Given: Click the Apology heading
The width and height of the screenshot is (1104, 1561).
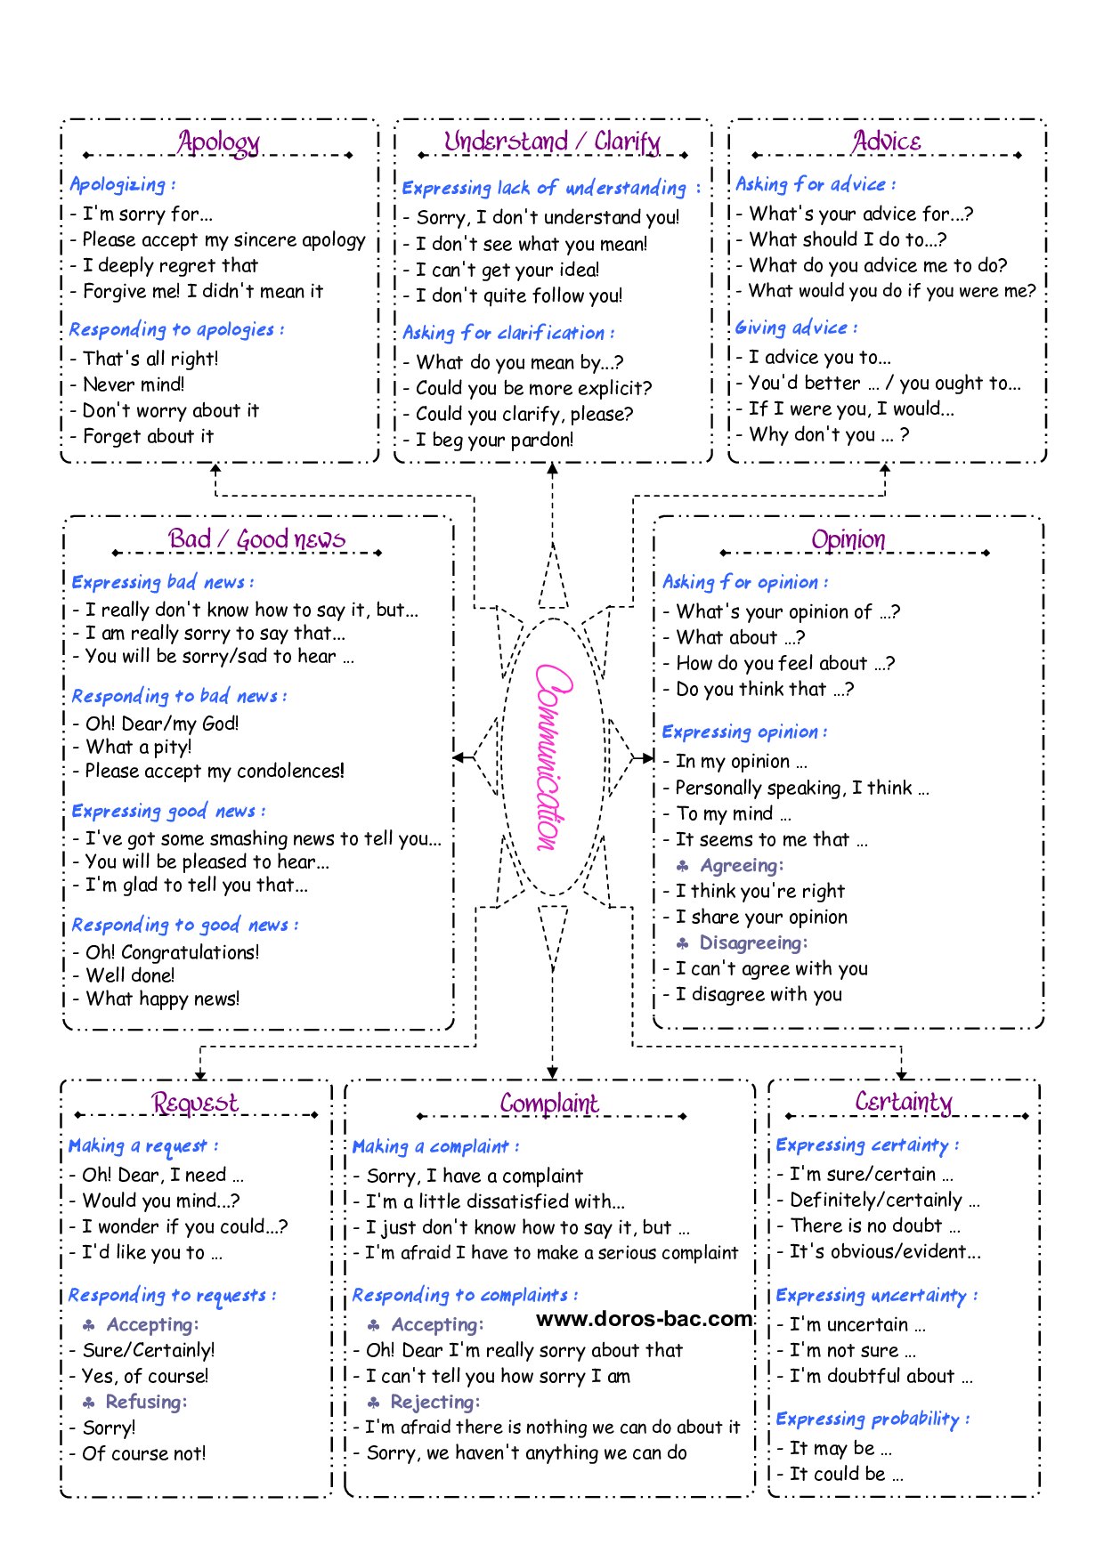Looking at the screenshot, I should [x=218, y=142].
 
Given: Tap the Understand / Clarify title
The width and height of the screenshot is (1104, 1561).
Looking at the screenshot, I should [x=552, y=142].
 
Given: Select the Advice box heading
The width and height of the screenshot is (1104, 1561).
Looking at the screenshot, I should [x=887, y=142].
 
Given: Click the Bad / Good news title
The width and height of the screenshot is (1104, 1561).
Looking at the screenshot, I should [x=256, y=539].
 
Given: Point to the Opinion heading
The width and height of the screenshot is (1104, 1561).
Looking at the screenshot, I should [x=848, y=539].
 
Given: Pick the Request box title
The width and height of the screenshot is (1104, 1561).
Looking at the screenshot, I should [x=195, y=1104].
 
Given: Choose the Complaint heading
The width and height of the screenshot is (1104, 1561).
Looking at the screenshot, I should [x=549, y=1104].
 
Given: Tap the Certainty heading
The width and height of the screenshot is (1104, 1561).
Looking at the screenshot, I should [x=904, y=1103].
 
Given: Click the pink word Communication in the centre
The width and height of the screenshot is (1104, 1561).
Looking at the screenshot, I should [x=552, y=756].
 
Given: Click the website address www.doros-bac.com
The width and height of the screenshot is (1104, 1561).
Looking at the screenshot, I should [x=645, y=1319].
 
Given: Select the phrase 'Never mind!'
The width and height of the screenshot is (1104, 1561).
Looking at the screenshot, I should [x=134, y=384].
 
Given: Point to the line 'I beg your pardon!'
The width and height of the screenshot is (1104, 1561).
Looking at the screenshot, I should [x=494, y=440].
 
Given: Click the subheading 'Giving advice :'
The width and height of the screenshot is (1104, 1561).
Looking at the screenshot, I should [x=796, y=328].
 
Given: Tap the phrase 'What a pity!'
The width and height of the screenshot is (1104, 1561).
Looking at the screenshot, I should [x=138, y=747].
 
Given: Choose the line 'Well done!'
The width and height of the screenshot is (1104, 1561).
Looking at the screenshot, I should [x=130, y=975].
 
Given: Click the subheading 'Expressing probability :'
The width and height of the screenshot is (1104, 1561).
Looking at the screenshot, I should [x=873, y=1419].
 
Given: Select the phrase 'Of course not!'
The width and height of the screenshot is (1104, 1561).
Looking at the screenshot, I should [x=143, y=1453].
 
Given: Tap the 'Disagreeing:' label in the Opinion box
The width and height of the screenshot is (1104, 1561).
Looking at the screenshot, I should [x=753, y=942].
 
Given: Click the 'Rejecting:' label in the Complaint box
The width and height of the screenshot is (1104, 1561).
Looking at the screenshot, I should [x=434, y=1402].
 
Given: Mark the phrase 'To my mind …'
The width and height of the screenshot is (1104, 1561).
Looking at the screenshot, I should [x=733, y=813].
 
